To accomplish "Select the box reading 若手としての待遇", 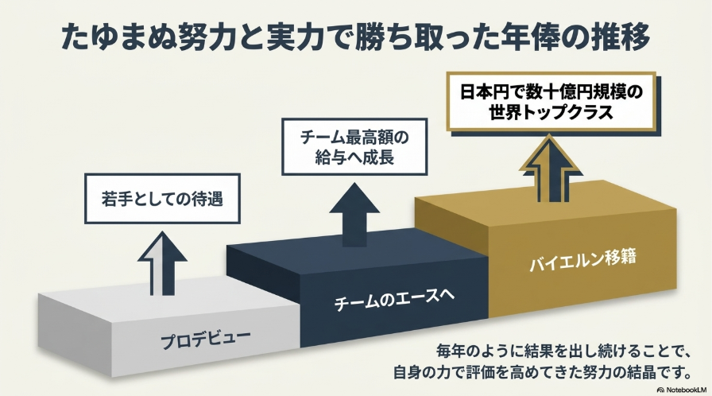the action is pos(163,199).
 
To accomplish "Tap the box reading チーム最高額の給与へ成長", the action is pos(354,146).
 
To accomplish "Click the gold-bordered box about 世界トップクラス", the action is pos(551,102).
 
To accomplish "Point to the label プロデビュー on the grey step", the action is pos(205,340).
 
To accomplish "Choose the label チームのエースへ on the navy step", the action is pos(393,299).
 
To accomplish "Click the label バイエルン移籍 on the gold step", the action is pos(582,260).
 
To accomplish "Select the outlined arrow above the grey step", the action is pos(162,263).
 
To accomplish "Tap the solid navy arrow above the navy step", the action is pos(354,215).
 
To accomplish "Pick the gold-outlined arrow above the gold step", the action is pos(551,168).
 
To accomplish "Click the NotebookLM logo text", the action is pos(683,390).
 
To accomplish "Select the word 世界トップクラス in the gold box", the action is pos(551,112).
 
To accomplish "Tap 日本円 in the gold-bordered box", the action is pos(486,92).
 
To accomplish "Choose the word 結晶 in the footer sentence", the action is pos(640,372).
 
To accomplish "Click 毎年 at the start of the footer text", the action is pos(451,351).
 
